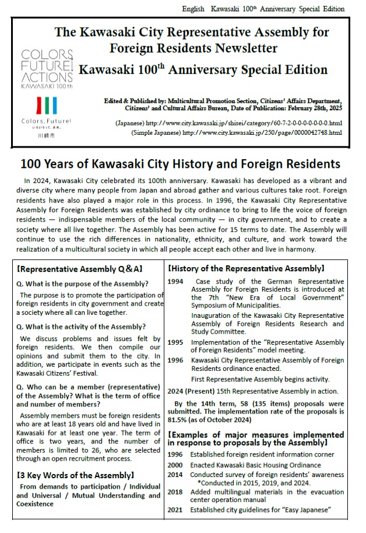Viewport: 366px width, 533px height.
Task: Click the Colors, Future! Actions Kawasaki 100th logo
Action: (x=47, y=68)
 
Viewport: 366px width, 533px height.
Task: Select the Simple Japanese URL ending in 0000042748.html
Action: (x=261, y=133)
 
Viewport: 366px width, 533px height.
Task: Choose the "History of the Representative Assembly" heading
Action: (x=245, y=269)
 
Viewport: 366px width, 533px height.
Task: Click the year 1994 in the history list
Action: (x=175, y=280)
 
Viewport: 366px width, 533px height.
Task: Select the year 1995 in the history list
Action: (x=175, y=342)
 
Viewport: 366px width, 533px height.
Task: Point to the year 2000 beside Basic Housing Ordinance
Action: (x=175, y=465)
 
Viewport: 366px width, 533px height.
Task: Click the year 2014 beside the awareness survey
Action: (x=175, y=475)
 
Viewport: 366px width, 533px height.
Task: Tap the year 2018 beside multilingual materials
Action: (x=175, y=492)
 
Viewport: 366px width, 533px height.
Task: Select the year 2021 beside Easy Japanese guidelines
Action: (x=175, y=510)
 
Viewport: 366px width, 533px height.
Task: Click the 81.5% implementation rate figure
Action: (x=177, y=419)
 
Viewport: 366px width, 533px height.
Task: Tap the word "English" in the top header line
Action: (x=194, y=9)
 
